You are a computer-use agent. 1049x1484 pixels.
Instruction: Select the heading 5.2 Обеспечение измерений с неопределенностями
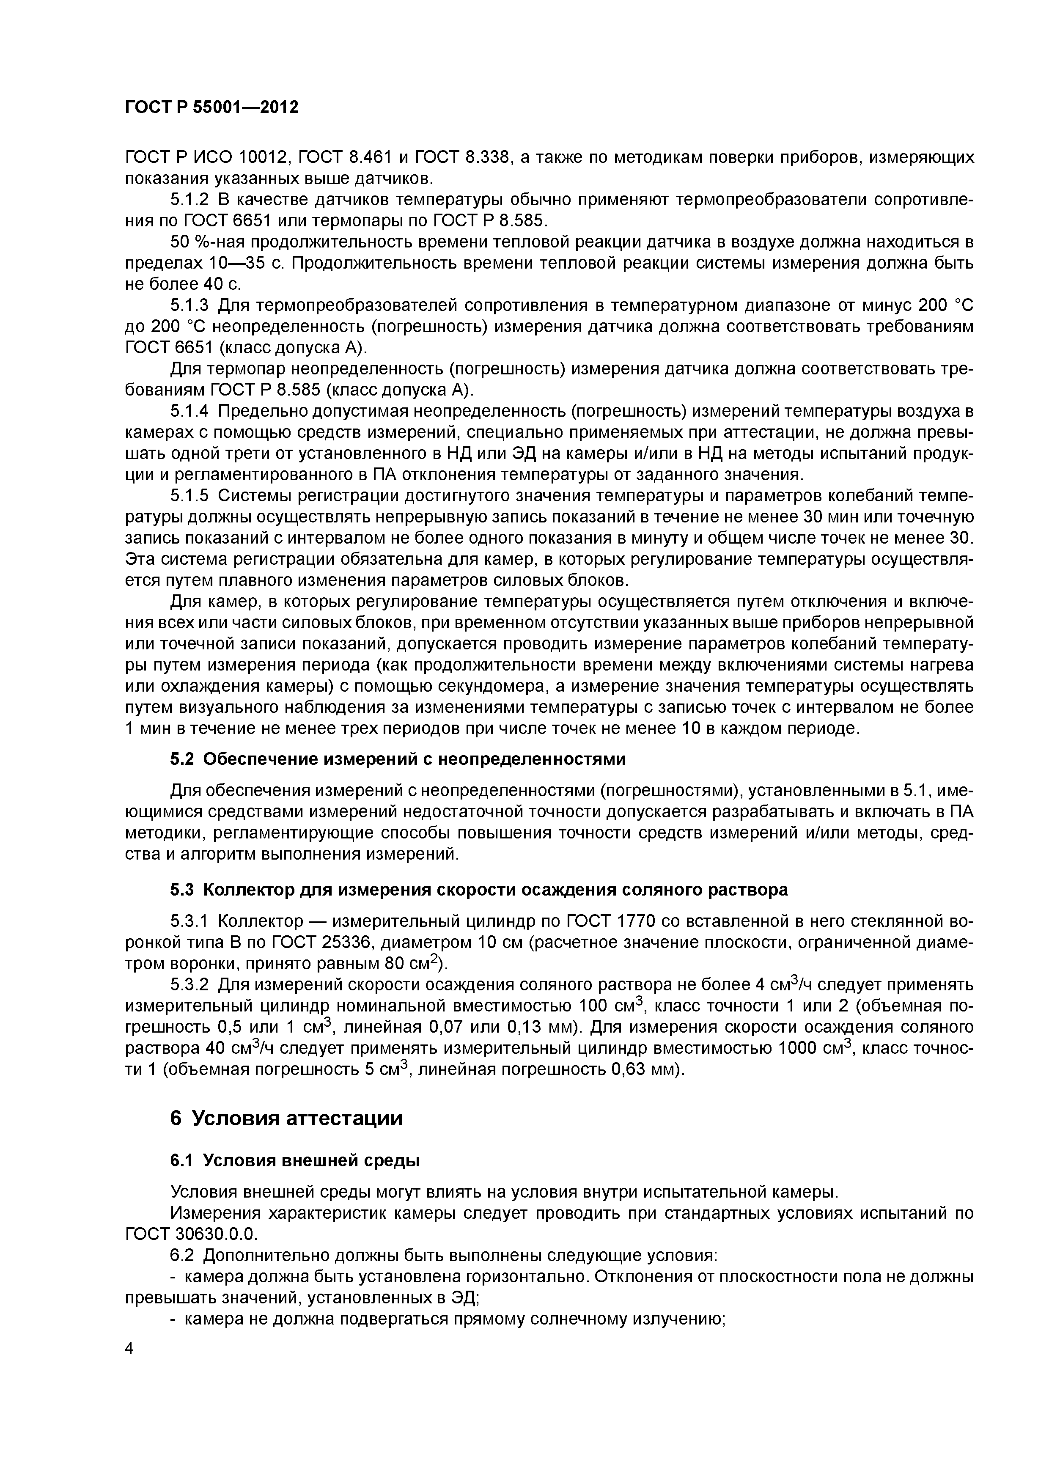click(x=398, y=759)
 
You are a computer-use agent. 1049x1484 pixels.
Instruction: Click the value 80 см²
click(x=413, y=964)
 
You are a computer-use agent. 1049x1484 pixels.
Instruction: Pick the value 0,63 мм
click(x=643, y=1070)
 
